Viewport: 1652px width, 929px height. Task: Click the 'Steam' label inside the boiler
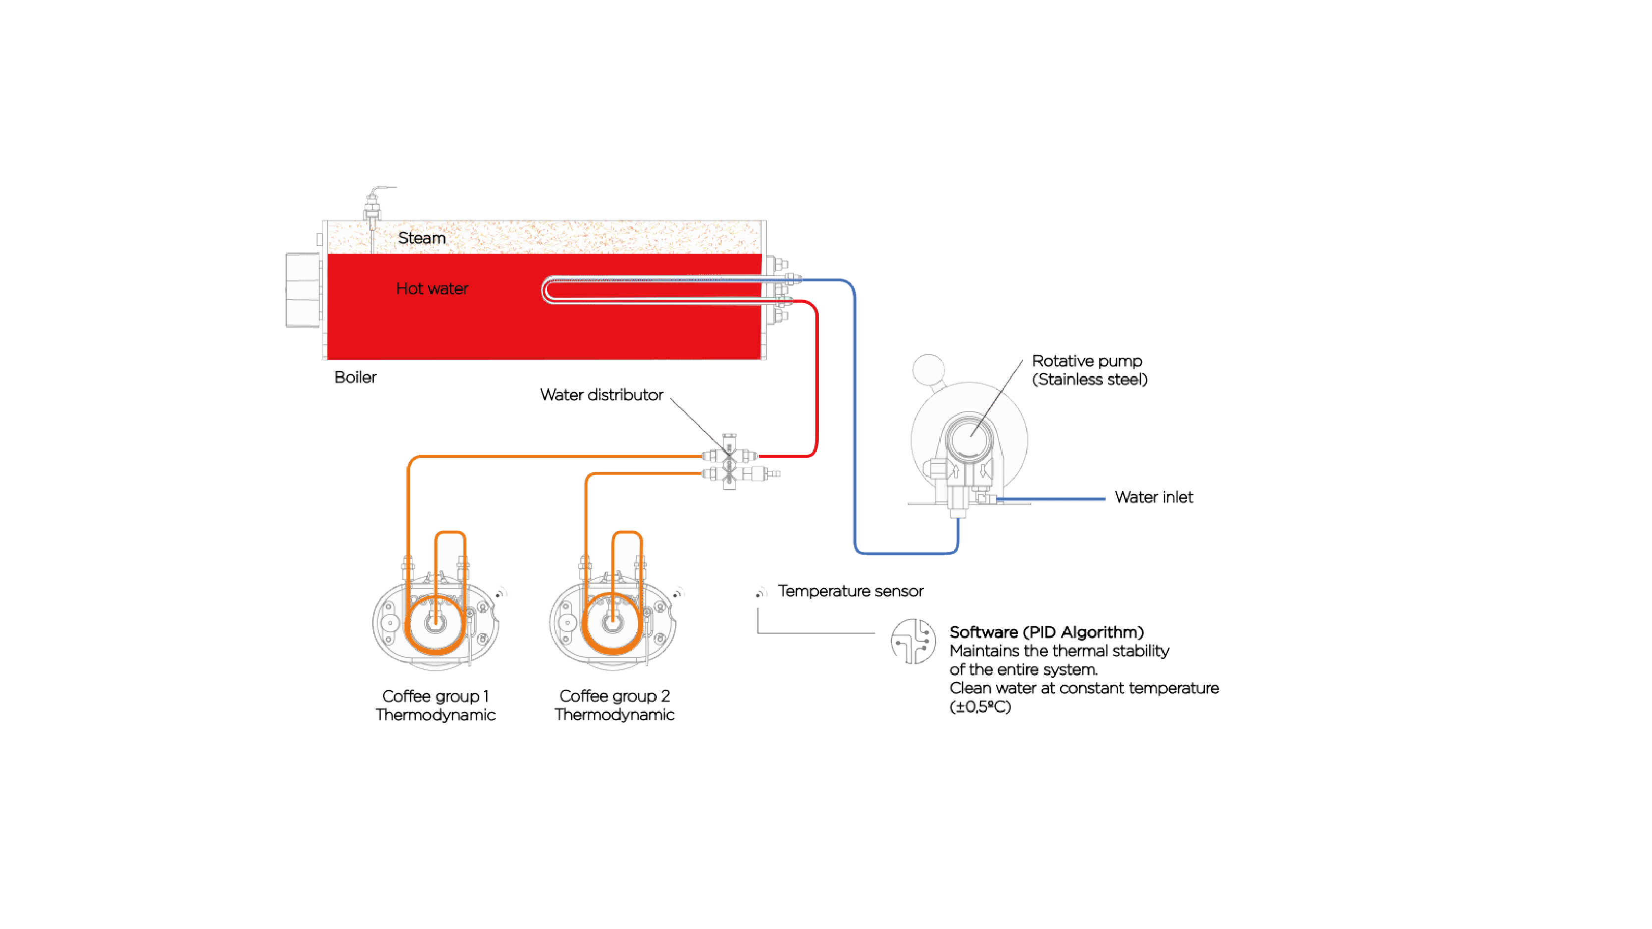(x=421, y=238)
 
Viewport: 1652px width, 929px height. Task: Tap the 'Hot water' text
(x=432, y=288)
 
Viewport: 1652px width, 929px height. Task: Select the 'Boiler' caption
(x=355, y=377)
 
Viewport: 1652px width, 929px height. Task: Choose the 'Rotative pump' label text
(x=1087, y=361)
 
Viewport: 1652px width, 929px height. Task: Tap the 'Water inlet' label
(x=1154, y=497)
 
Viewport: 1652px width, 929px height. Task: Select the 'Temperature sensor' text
(x=851, y=591)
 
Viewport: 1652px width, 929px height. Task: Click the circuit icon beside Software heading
(x=913, y=641)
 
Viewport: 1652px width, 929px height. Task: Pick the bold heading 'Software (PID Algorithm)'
(x=1046, y=632)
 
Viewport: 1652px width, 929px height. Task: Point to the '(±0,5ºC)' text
(x=980, y=707)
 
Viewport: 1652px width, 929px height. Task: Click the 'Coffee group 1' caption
(x=436, y=696)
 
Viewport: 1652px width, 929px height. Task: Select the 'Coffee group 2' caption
(x=615, y=696)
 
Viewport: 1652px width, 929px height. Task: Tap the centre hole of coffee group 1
(x=436, y=622)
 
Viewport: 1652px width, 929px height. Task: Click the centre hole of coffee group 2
(x=613, y=622)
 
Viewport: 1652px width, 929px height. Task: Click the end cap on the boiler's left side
(x=303, y=290)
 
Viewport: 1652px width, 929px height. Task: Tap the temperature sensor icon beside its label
(x=761, y=593)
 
